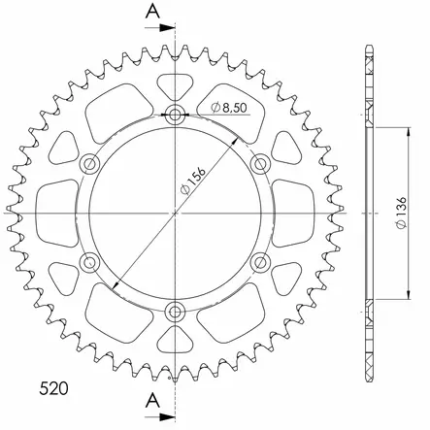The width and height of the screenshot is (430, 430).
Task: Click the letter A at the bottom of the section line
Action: pyautogui.click(x=152, y=399)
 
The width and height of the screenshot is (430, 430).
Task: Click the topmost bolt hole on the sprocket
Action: pyautogui.click(x=175, y=116)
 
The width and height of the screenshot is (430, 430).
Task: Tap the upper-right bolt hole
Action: pyautogui.click(x=259, y=164)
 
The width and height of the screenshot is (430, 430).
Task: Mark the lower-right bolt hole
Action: pyautogui.click(x=259, y=262)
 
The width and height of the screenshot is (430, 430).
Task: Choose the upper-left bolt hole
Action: pyautogui.click(x=90, y=164)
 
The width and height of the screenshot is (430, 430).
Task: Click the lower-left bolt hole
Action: pyautogui.click(x=90, y=262)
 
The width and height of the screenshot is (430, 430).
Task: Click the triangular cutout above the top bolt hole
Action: pyautogui.click(x=175, y=85)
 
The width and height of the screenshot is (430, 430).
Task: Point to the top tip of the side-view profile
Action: pyautogui.click(x=369, y=47)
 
